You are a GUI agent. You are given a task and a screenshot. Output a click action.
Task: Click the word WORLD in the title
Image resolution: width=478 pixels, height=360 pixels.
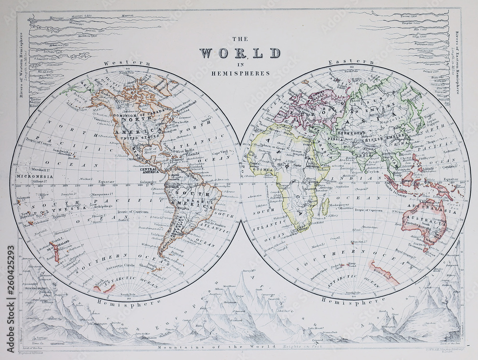[x=239, y=53]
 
